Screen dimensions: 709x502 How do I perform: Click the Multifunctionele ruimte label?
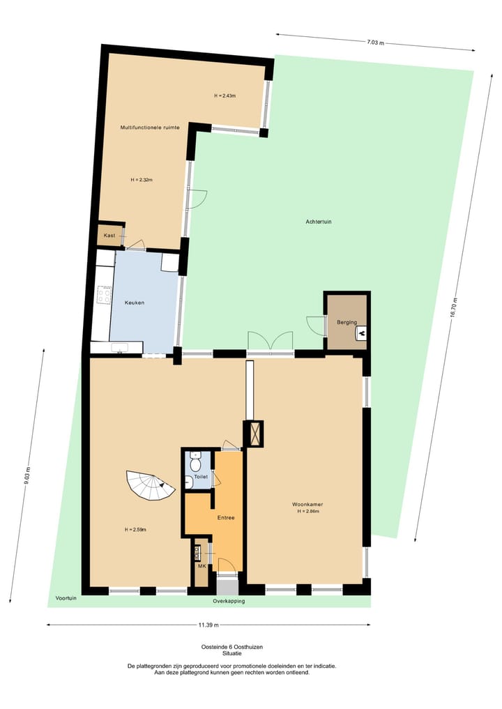[x=150, y=128]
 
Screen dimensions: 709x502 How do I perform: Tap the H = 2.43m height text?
[x=225, y=96]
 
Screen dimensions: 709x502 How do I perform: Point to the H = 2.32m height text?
[x=142, y=180]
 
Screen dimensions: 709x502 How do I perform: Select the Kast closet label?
[x=109, y=236]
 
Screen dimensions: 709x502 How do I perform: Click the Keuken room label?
[x=135, y=303]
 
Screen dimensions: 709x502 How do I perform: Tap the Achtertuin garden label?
[x=318, y=222]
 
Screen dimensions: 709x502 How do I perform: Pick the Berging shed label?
[x=347, y=322]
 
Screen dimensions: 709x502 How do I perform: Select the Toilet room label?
[x=201, y=477]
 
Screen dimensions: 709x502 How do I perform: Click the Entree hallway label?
[x=225, y=517]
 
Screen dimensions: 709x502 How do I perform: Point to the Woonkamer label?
[x=307, y=504]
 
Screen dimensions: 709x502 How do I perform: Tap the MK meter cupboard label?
[x=201, y=566]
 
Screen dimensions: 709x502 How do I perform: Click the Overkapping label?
[x=229, y=600]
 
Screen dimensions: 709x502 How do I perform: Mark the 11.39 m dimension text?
[x=208, y=625]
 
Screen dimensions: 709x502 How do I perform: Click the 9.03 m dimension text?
[x=26, y=475]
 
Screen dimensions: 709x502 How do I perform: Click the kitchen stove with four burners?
[x=104, y=295]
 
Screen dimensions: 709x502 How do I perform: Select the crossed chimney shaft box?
[x=253, y=434]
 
